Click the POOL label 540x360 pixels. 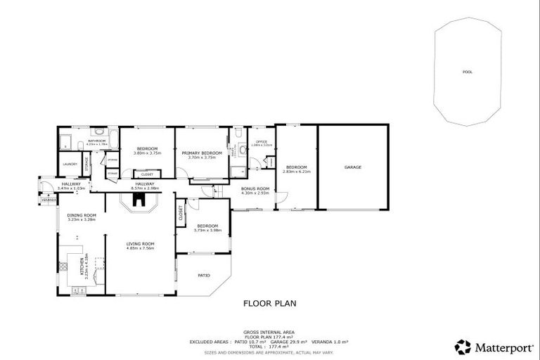[468, 72]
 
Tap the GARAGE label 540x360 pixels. [352, 167]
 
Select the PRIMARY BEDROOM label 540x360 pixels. [202, 153]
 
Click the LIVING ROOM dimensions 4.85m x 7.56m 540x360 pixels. [140, 248]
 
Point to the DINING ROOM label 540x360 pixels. [81, 215]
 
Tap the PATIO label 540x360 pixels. [204, 275]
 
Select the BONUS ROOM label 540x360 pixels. [255, 188]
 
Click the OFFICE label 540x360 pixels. [262, 142]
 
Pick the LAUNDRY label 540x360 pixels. [70, 165]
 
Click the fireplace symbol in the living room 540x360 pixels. [140, 201]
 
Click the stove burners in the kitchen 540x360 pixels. [63, 266]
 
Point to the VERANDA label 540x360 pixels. [48, 200]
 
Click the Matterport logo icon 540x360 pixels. [463, 347]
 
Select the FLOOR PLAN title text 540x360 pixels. [269, 304]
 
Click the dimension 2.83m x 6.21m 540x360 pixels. [296, 171]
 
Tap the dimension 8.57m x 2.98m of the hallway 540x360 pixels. [140, 188]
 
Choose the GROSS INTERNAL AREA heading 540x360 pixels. [269, 332]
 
